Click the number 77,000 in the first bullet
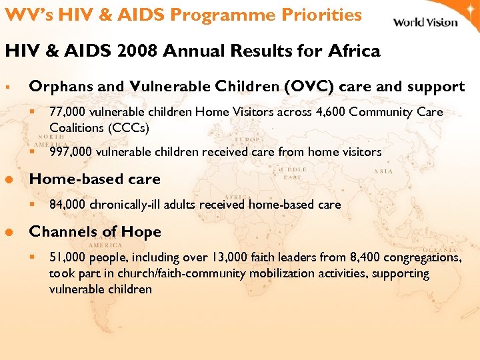tap(65, 112)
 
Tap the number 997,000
tap(69, 152)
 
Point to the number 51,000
tap(65, 257)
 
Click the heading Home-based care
tap(95, 179)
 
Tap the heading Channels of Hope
tap(95, 231)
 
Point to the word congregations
tap(420, 257)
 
